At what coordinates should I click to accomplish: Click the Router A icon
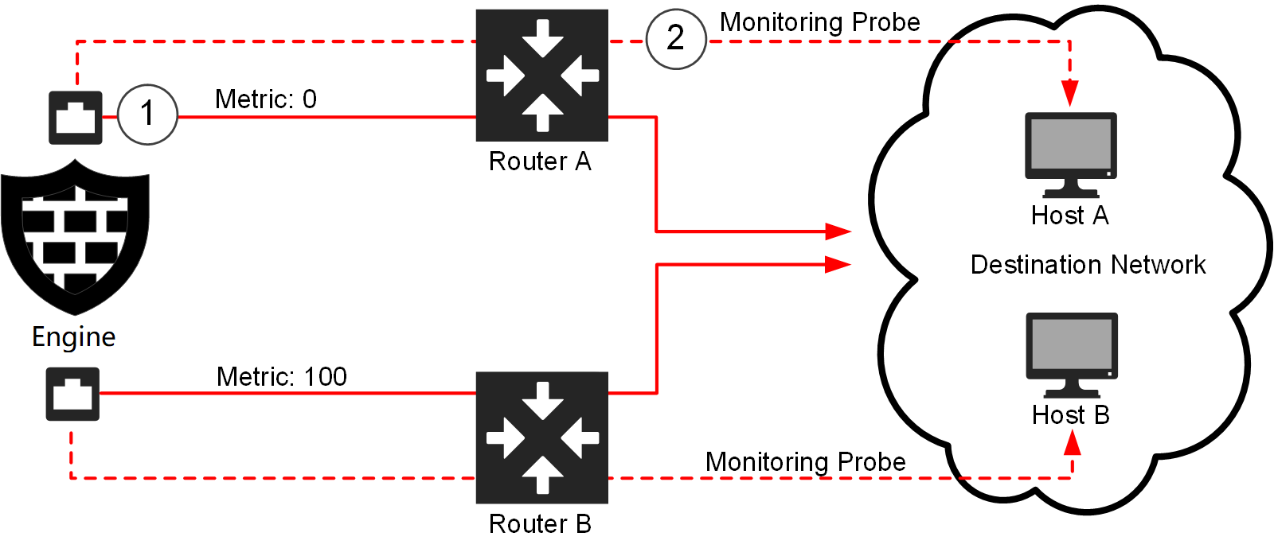(542, 76)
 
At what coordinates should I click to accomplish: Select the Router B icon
(542, 437)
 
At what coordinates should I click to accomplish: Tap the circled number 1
(147, 115)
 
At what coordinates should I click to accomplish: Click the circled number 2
(676, 39)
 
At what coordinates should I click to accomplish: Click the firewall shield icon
(75, 236)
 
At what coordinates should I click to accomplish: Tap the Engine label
(74, 337)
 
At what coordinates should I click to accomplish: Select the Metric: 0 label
(266, 99)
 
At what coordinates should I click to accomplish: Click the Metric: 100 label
(282, 376)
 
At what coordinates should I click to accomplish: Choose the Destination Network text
(1088, 265)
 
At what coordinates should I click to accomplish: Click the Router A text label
(540, 161)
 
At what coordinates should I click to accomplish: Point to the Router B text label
(540, 524)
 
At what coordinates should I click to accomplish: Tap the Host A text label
(1069, 216)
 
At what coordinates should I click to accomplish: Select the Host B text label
(1071, 415)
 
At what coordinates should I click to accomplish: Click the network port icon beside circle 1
(76, 118)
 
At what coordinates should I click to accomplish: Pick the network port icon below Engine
(72, 394)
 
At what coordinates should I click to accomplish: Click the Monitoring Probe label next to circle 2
(819, 22)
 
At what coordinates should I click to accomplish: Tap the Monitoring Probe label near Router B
(805, 462)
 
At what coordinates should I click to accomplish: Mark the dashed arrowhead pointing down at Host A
(1070, 93)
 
